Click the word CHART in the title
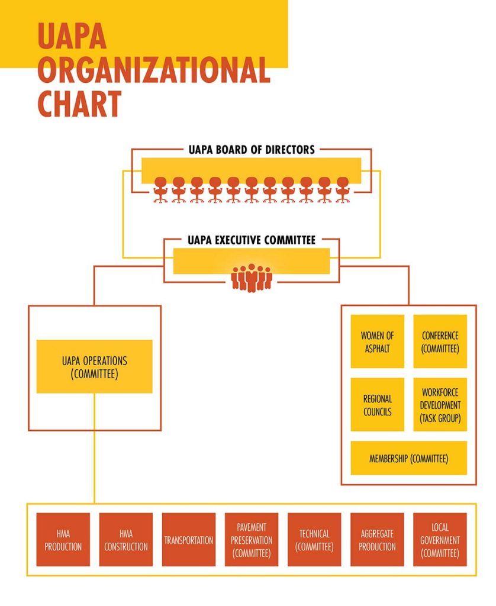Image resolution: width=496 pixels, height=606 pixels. click(x=79, y=103)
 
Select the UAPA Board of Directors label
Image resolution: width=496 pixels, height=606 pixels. click(x=252, y=150)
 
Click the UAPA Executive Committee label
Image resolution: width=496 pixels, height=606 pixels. click(x=252, y=240)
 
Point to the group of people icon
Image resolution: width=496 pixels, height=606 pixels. click(x=252, y=278)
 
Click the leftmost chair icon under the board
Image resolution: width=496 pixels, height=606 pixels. click(x=160, y=190)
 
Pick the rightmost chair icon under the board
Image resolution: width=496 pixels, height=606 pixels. click(x=342, y=190)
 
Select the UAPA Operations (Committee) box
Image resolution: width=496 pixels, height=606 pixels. click(x=94, y=366)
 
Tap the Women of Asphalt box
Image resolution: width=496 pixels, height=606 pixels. click(x=377, y=341)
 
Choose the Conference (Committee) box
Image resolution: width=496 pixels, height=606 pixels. click(x=440, y=341)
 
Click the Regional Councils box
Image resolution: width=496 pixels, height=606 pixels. click(x=377, y=405)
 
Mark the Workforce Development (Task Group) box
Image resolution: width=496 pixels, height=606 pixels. click(x=440, y=405)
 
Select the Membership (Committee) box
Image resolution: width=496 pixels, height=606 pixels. click(x=408, y=458)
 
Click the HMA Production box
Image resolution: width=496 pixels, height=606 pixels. click(x=63, y=540)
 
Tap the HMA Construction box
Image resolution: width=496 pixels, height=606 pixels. click(x=126, y=540)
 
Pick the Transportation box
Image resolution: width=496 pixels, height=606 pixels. click(x=189, y=540)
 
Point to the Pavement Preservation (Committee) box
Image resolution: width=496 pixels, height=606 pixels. click(x=252, y=540)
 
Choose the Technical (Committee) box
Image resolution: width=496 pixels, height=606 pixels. click(x=314, y=540)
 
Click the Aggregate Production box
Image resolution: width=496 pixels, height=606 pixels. click(x=377, y=540)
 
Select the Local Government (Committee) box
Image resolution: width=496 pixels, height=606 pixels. click(x=440, y=540)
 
